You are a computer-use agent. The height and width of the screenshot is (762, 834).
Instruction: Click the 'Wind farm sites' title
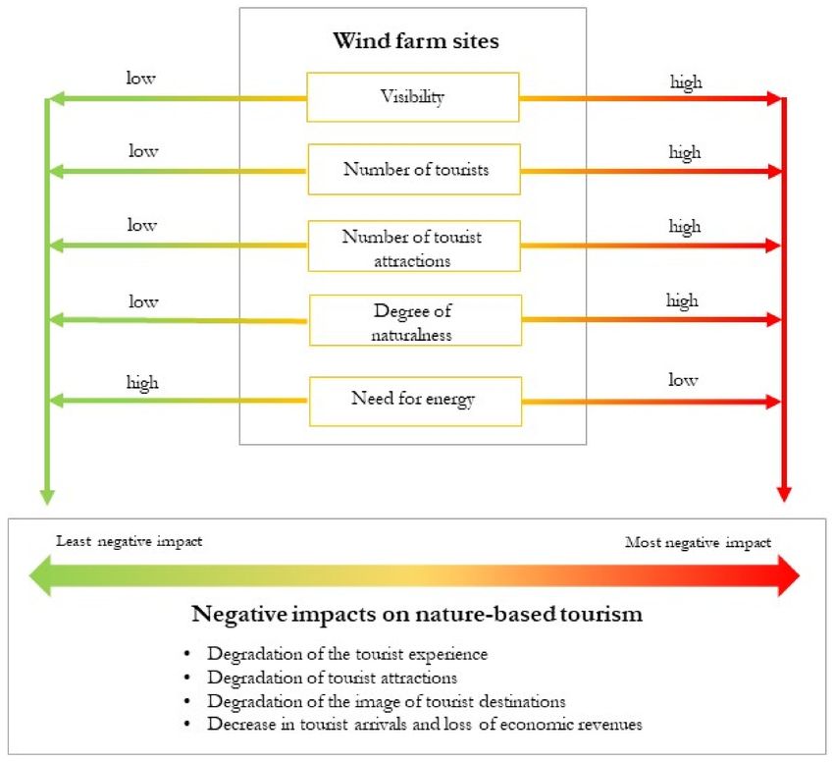tap(416, 40)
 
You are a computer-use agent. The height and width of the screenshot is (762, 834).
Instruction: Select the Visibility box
tap(413, 97)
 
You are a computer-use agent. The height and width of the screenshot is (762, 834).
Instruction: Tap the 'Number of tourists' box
tap(414, 169)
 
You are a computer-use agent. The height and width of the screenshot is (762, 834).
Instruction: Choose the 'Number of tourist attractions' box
tap(414, 246)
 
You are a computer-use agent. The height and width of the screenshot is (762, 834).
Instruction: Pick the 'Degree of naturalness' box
tap(415, 320)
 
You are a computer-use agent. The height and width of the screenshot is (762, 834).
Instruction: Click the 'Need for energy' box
tap(415, 402)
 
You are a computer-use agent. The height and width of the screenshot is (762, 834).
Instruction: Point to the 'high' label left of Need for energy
tap(142, 383)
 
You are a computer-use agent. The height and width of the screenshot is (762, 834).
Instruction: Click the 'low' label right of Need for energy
tap(683, 380)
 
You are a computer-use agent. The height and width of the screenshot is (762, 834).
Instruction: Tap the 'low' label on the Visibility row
tap(140, 78)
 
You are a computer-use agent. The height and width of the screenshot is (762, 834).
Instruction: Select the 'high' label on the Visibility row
tap(686, 82)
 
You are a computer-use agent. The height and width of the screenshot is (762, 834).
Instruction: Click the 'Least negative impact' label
tap(130, 541)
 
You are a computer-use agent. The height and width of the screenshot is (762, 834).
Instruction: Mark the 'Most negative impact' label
tap(698, 543)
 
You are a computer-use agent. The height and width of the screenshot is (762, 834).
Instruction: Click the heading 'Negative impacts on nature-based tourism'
tap(417, 614)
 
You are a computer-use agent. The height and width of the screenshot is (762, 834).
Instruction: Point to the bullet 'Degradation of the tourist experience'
tap(347, 654)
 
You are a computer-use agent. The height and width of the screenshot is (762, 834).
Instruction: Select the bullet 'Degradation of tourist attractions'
tap(333, 678)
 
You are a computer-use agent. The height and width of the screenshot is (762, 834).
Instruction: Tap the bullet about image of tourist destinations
tap(387, 701)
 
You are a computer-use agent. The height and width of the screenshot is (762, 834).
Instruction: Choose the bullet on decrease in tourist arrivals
tap(425, 724)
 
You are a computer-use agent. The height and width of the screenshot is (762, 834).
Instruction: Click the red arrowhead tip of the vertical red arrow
tap(784, 501)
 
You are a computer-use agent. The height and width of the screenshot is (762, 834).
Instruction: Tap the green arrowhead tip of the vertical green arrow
tap(47, 504)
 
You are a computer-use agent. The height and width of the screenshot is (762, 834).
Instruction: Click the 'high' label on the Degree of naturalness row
tap(683, 300)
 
